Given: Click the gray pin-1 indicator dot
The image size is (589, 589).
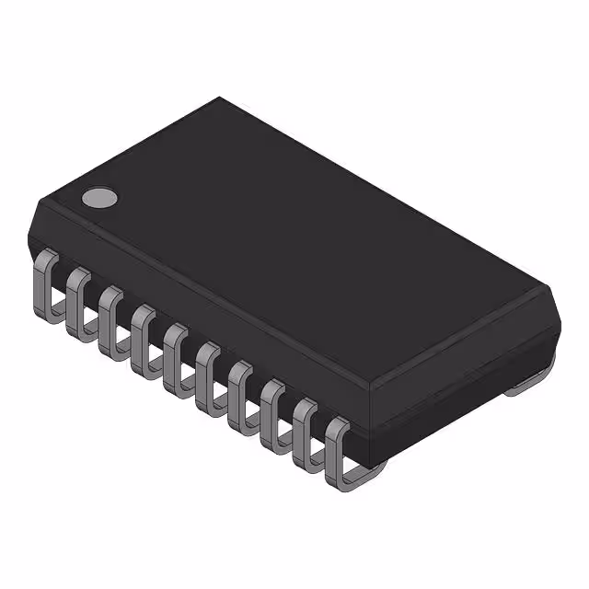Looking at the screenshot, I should tap(99, 197).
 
